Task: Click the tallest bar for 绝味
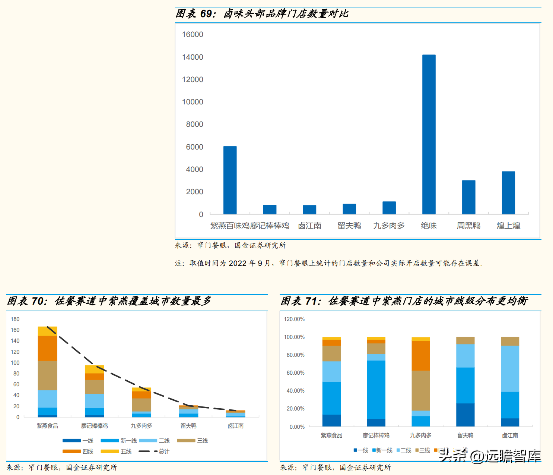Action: point(429,134)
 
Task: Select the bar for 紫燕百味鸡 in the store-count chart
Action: point(230,180)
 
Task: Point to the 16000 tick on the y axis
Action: point(193,35)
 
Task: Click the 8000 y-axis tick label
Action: point(194,125)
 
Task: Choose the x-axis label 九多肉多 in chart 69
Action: point(389,226)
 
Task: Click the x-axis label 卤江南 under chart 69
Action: point(309,226)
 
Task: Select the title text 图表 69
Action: point(195,14)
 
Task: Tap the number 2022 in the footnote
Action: point(238,263)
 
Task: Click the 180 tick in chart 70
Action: point(15,319)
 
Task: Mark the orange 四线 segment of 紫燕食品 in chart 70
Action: point(47,348)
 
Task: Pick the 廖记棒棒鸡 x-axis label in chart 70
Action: point(94,426)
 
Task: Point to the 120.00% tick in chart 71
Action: point(294,319)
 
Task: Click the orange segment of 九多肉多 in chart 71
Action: point(420,355)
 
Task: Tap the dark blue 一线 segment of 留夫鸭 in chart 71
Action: point(465,415)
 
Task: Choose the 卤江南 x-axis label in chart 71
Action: point(510,435)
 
